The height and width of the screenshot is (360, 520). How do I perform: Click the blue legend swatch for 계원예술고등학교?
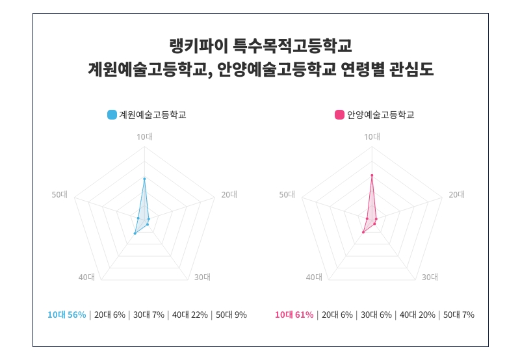(112, 115)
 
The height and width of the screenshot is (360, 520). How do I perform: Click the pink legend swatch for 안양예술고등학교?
(339, 115)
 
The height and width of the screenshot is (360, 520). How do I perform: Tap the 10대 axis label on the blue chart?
(144, 136)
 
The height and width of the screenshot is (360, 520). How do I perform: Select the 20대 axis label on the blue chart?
(229, 194)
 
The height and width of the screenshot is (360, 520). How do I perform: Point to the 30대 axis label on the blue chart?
(202, 277)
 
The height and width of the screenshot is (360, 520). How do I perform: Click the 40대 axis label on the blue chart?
(86, 277)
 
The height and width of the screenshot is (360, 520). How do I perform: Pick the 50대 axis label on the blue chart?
(60, 194)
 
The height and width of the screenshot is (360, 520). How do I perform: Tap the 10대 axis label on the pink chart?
(372, 136)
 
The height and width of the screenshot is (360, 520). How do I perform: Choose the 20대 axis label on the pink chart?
(456, 194)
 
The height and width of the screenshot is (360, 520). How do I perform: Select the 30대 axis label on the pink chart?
(430, 277)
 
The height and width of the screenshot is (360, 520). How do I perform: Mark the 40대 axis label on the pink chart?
(314, 277)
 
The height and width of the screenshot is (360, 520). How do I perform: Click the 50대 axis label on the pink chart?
(287, 194)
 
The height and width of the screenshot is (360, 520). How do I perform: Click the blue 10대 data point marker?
(144, 178)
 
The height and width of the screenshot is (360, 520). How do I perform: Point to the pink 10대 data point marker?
(372, 175)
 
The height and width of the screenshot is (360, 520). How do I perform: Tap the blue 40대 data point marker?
(135, 233)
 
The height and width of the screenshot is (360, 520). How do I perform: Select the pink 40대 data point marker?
(363, 231)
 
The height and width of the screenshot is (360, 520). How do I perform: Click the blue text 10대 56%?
(67, 315)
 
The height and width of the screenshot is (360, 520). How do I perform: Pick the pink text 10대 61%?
(294, 315)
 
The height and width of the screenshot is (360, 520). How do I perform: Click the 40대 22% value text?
(190, 315)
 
